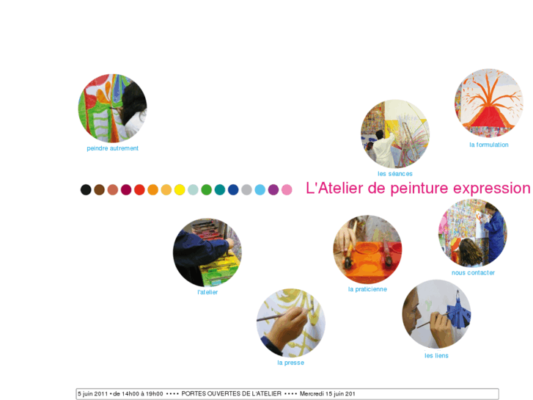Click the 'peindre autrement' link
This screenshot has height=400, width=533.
click(x=112, y=148)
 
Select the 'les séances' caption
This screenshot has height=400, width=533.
click(x=395, y=174)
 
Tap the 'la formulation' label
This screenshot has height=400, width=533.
click(x=489, y=145)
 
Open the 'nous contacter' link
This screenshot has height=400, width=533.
click(x=473, y=273)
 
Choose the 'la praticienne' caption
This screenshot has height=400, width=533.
click(x=367, y=289)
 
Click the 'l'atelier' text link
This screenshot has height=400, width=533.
click(x=207, y=292)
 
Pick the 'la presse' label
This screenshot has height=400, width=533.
click(x=290, y=363)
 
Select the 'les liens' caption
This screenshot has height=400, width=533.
click(x=436, y=356)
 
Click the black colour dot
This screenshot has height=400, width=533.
click(x=86, y=189)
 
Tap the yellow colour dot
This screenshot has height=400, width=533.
click(x=180, y=189)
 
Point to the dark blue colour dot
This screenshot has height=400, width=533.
click(x=233, y=189)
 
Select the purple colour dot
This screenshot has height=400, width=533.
click(x=273, y=189)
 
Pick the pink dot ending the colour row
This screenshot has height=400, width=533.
click(x=287, y=189)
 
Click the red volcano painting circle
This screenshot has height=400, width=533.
click(x=489, y=103)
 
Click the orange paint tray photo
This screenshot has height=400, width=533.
click(x=367, y=250)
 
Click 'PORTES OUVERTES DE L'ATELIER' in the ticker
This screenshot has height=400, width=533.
click(x=232, y=394)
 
